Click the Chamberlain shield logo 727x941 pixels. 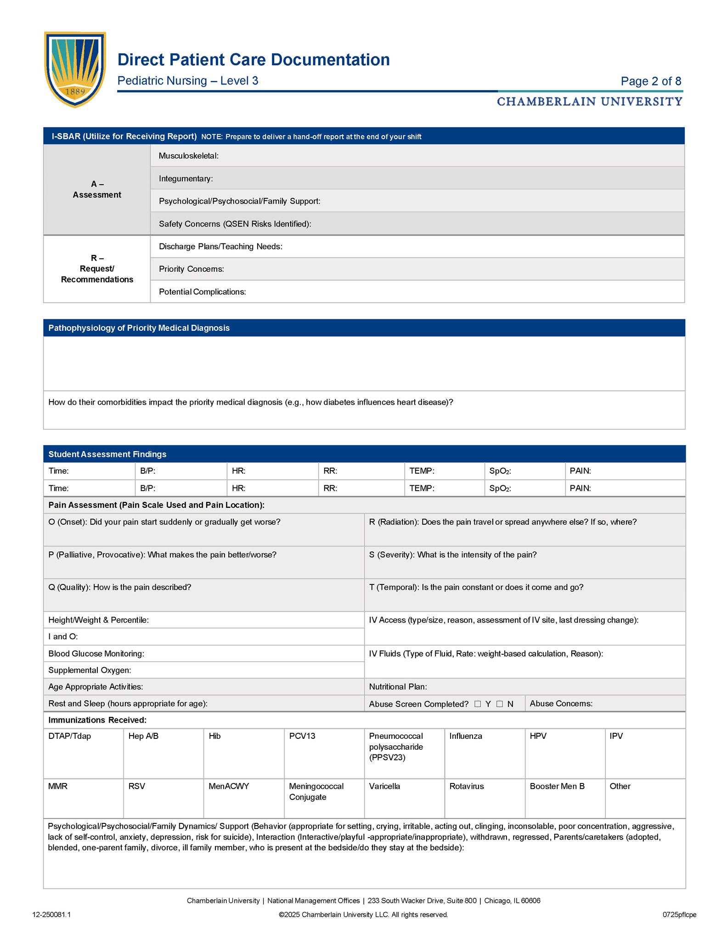tap(75, 69)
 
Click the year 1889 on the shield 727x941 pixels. tap(75, 92)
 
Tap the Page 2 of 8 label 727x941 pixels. tap(651, 81)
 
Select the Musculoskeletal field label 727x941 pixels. tap(188, 156)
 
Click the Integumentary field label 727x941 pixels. tap(186, 179)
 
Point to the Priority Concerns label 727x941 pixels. tap(191, 269)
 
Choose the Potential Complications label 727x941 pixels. tap(202, 292)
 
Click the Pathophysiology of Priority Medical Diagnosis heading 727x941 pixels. tap(139, 328)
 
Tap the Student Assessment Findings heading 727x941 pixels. tap(107, 454)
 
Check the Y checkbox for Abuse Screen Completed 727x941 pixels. tap(478, 704)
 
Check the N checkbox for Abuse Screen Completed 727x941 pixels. tap(500, 704)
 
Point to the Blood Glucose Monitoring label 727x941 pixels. tap(96, 654)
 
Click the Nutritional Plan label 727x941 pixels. tap(398, 687)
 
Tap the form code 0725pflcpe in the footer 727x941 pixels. tap(679, 915)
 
